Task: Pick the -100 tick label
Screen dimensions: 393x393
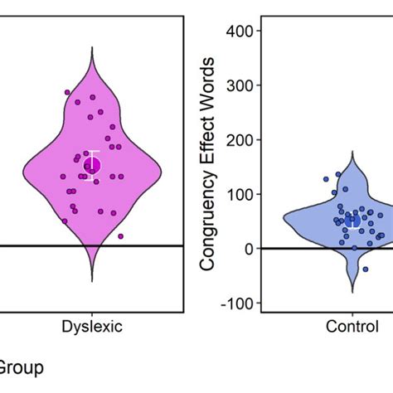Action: click(239, 303)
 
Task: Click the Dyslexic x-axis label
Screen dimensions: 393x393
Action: click(92, 327)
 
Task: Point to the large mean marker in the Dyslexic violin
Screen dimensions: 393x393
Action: click(92, 166)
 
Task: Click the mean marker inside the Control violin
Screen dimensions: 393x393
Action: click(353, 221)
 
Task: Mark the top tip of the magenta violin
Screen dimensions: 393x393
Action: click(92, 47)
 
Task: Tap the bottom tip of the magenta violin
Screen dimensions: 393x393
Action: click(92, 281)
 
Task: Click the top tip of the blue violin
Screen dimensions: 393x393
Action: click(353, 152)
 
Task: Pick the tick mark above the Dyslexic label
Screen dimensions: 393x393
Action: click(92, 315)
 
